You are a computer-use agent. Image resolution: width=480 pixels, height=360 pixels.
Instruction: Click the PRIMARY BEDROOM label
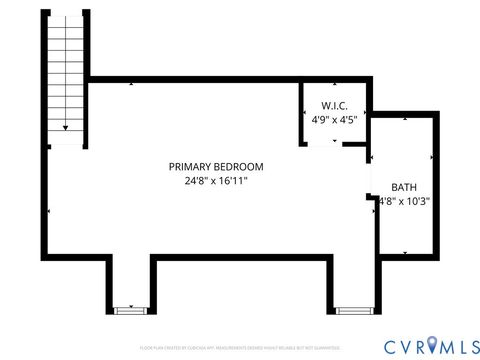click(x=216, y=166)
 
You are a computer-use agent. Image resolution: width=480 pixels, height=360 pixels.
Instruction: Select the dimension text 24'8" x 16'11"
click(x=216, y=182)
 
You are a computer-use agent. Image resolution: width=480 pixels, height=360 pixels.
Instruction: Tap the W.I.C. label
click(x=333, y=105)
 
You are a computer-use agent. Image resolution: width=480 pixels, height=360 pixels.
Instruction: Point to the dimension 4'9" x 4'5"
click(x=334, y=119)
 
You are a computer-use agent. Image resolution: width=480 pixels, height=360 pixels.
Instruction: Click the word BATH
click(x=404, y=187)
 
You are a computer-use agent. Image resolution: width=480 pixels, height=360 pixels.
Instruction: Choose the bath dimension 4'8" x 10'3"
click(x=404, y=201)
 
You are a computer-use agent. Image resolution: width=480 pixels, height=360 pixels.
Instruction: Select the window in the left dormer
click(x=128, y=311)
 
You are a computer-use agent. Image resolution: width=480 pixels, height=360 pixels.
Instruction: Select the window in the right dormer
click(x=351, y=311)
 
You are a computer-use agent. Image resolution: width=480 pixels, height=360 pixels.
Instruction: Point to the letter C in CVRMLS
click(x=385, y=345)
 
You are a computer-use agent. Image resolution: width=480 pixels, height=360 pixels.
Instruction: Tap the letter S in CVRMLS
click(x=468, y=345)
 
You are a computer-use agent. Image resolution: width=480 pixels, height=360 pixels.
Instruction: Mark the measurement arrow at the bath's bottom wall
click(x=404, y=252)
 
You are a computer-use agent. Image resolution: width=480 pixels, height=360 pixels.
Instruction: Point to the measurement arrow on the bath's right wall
click(x=431, y=158)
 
